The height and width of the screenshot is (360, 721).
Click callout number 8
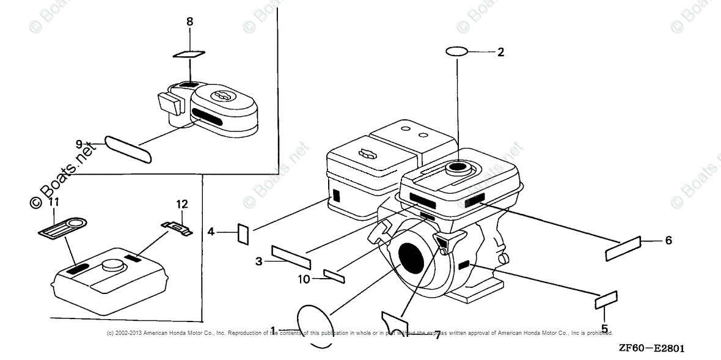tap(189, 22)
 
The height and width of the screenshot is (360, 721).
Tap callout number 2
tap(500, 52)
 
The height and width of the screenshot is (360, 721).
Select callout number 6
tap(668, 241)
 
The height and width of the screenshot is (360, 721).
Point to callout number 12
tap(182, 204)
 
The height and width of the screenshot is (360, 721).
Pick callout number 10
tap(304, 280)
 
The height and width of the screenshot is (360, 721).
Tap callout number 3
tap(259, 262)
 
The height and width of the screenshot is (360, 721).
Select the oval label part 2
tap(457, 52)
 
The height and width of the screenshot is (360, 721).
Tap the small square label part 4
tap(243, 233)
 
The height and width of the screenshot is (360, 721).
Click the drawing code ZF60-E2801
tap(650, 348)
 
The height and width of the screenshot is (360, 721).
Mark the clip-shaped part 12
tap(177, 227)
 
